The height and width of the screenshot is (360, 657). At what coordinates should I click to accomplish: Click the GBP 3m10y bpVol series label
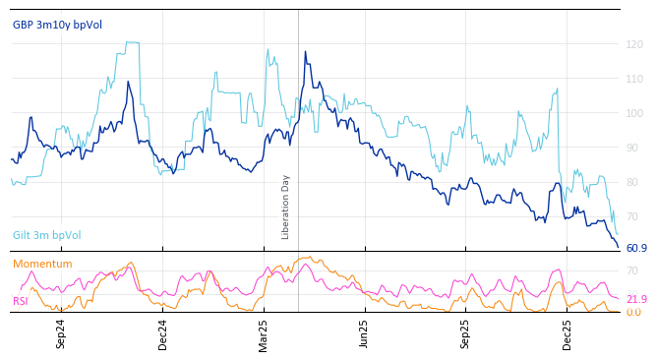57,24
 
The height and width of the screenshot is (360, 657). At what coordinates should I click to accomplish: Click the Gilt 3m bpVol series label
46,236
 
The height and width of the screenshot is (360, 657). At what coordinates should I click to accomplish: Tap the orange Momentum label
42,265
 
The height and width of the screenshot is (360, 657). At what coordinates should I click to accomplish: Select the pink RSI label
20,301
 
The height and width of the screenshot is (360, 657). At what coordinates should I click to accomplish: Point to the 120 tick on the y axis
634,44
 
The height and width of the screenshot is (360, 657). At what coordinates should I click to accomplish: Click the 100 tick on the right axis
634,113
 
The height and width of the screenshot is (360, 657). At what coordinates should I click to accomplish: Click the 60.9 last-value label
636,249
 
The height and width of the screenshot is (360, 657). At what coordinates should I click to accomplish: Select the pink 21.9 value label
636,299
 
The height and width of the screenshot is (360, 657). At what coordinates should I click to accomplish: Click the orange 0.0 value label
633,312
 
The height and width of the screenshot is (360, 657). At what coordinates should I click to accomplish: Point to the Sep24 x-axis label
61,334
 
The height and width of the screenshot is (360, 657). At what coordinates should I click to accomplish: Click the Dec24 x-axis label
163,334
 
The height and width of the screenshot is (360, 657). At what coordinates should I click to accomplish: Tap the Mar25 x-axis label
264,334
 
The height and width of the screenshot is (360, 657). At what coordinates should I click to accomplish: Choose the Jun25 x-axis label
364,334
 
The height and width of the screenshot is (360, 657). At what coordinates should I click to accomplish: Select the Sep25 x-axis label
465,334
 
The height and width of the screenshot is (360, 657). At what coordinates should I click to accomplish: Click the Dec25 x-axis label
567,334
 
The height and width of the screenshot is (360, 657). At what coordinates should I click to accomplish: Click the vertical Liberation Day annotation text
286,207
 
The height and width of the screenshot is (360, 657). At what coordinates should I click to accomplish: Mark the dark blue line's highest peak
305,52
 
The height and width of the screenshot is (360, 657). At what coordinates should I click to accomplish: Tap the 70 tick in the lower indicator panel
631,270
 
